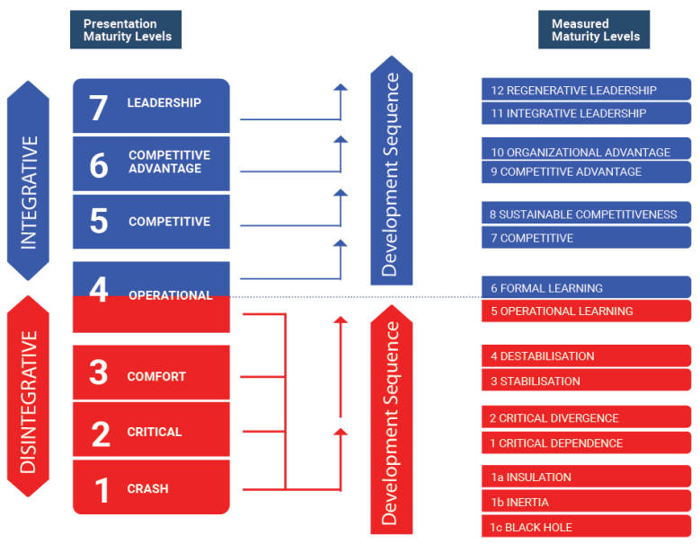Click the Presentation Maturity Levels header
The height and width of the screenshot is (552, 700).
tap(127, 30)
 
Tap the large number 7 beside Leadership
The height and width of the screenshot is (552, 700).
tap(98, 108)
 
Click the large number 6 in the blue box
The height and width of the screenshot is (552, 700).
tap(98, 165)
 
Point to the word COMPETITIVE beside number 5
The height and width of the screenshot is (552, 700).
tap(169, 222)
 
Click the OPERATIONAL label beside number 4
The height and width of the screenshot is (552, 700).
tap(170, 295)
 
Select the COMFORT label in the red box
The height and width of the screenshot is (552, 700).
tap(156, 377)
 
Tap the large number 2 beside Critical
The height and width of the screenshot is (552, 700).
tap(100, 434)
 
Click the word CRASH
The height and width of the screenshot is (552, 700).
tap(147, 489)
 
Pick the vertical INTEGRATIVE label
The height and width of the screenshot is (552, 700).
tap(28, 192)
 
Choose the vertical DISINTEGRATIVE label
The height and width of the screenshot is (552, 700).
tap(28, 402)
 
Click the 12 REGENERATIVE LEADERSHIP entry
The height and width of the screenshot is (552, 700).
tap(573, 91)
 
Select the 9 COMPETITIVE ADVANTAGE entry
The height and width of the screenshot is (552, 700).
tap(565, 172)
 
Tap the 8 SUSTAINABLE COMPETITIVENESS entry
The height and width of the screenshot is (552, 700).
tap(583, 215)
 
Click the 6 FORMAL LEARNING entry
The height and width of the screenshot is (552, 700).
tap(546, 288)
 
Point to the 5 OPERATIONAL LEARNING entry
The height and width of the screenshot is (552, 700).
tap(561, 311)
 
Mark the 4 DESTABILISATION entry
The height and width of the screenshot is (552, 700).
tap(542, 356)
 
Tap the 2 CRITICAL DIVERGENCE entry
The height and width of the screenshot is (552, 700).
tap(554, 418)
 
